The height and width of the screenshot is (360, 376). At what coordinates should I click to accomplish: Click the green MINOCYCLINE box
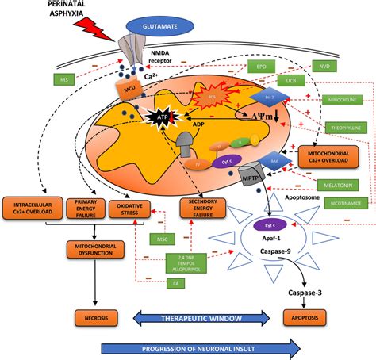pos(345,101)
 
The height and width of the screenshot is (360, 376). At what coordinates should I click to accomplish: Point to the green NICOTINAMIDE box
pos(347,204)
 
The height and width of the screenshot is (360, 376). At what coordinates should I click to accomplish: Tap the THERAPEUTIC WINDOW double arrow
pos(205,319)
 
